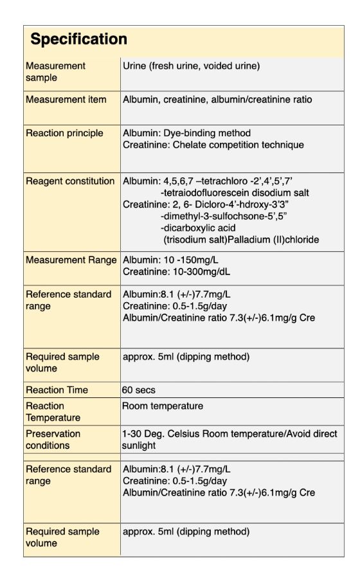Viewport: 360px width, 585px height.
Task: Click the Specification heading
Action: [x=78, y=39]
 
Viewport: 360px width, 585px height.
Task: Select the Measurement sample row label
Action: [x=55, y=71]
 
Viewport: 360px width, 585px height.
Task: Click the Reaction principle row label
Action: [x=64, y=133]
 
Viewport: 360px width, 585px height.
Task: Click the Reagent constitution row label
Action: [x=70, y=181]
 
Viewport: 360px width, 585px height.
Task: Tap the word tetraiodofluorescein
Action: [x=210, y=193]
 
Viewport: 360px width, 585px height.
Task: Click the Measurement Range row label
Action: [x=71, y=260]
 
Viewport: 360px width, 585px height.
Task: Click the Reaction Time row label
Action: [x=57, y=390]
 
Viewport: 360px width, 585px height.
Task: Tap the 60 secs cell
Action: [x=139, y=390]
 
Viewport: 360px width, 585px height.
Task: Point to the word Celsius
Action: [x=197, y=434]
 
